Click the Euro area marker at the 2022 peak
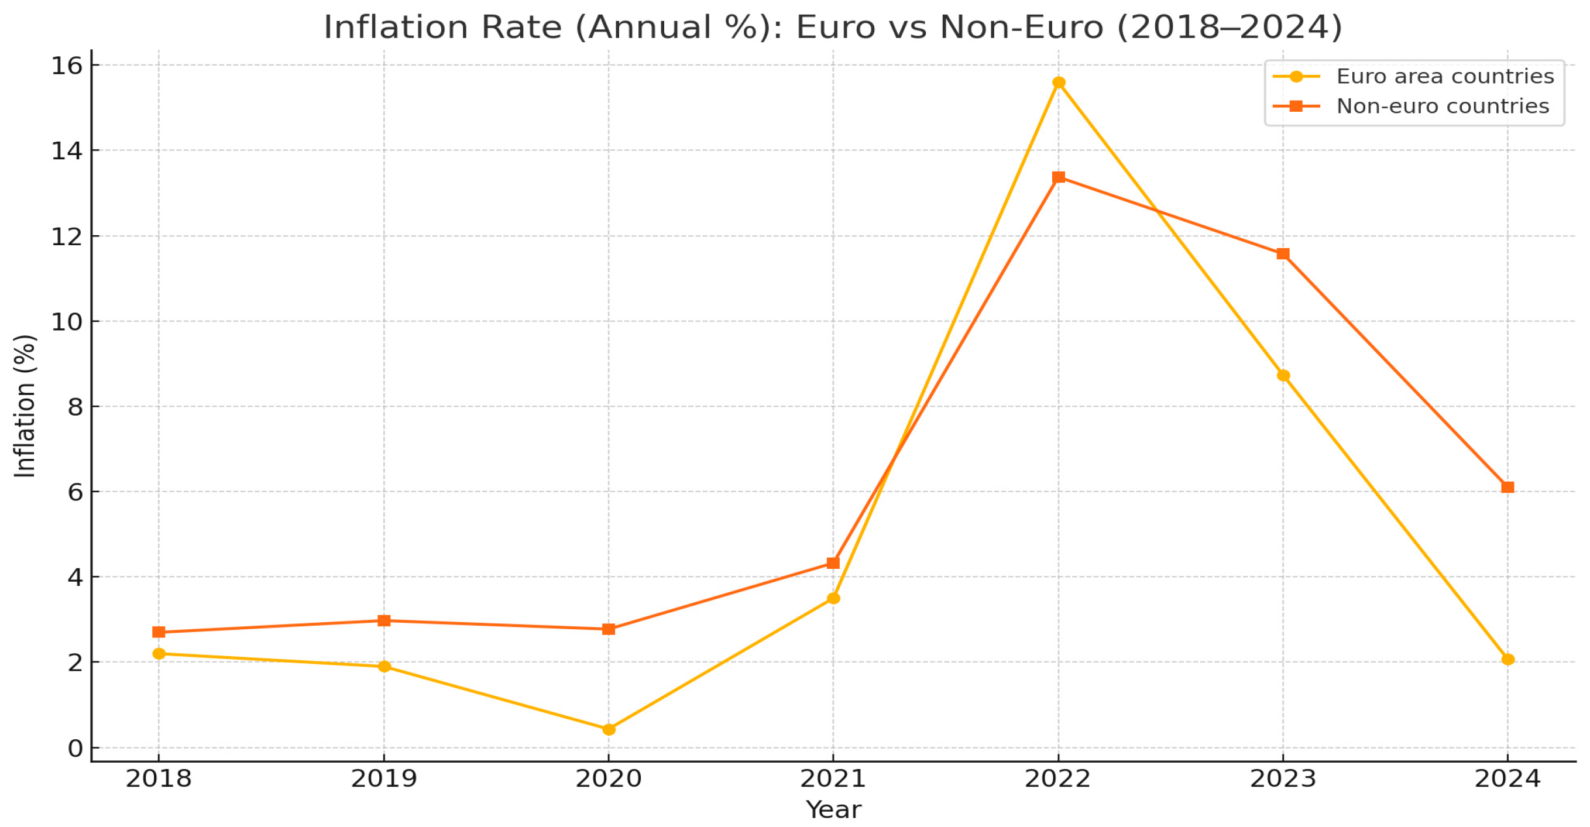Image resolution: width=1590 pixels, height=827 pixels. click(1059, 83)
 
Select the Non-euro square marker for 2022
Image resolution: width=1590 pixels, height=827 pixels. click(1059, 178)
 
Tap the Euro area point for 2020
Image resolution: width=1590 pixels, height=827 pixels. click(609, 729)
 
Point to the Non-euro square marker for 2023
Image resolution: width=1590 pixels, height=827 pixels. click(1283, 254)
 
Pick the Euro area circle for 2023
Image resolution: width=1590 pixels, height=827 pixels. click(1283, 375)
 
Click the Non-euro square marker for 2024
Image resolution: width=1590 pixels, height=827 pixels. click(1508, 488)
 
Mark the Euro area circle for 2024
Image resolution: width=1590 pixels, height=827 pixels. click(1508, 660)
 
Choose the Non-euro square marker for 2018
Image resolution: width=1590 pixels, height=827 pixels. click(159, 632)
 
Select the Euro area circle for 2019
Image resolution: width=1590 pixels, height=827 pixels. click(384, 667)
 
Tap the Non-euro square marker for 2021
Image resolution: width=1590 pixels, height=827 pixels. click(833, 563)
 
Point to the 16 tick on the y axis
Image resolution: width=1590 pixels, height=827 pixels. click(67, 66)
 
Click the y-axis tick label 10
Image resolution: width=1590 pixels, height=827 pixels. click(67, 321)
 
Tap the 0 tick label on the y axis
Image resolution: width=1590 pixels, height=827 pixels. click(75, 749)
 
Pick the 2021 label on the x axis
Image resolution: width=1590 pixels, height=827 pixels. click(833, 779)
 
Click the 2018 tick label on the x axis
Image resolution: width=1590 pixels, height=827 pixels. click(159, 779)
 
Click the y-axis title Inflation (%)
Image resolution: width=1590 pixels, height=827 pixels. click(25, 406)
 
